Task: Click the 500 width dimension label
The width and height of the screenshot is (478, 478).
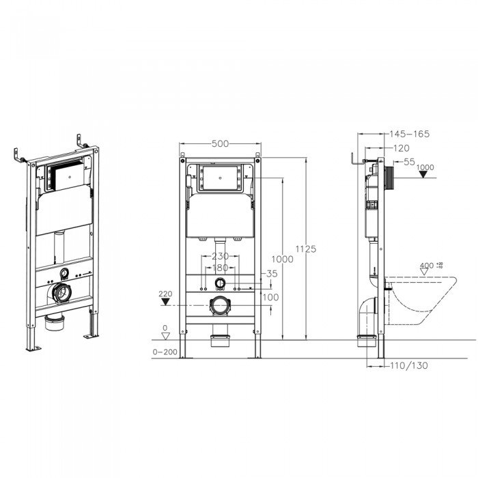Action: click(220, 143)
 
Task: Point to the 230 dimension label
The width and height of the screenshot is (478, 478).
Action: click(220, 257)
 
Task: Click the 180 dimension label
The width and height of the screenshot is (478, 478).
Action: click(220, 268)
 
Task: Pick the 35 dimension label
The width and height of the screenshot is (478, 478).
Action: click(272, 273)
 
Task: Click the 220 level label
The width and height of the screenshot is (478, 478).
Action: click(165, 294)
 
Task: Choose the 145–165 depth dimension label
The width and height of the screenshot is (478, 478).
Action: click(410, 135)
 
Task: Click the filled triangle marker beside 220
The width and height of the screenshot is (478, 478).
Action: click(165, 302)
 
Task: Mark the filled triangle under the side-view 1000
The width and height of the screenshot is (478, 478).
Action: click(425, 175)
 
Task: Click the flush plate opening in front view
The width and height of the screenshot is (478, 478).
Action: click(219, 179)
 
